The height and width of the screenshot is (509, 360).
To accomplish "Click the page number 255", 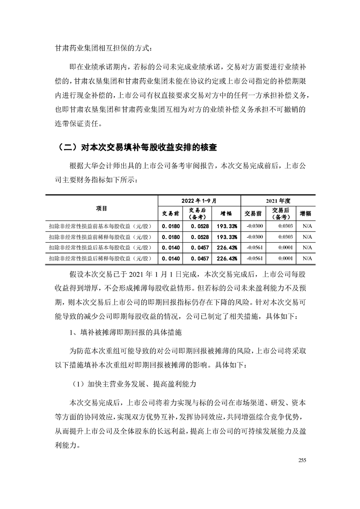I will [303, 460].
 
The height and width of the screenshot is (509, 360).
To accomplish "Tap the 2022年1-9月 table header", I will [199, 200].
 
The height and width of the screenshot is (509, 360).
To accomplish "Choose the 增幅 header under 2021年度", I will [306, 213].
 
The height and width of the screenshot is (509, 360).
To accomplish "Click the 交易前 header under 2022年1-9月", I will [170, 213].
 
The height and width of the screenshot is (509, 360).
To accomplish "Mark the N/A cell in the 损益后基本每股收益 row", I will [307, 248].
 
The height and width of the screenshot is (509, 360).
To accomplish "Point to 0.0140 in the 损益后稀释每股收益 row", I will [171, 259].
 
